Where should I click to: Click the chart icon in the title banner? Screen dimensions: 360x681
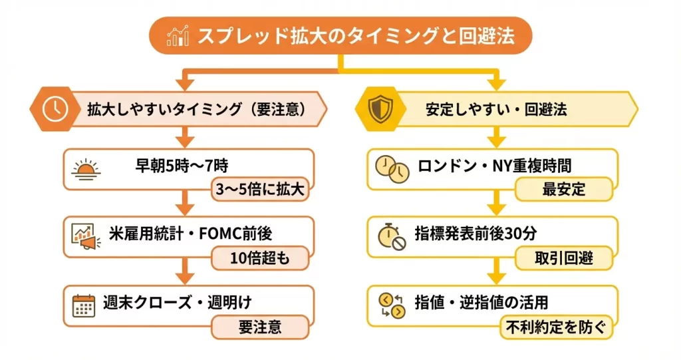tap(177, 35)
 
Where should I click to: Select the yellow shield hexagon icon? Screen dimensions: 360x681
tap(377, 109)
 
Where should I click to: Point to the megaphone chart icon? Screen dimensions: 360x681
tap(85, 236)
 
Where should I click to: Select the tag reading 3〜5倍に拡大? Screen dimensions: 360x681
tap(260, 190)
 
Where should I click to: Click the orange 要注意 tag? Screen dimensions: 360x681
tap(260, 327)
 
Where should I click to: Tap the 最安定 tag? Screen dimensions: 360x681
tap(563, 190)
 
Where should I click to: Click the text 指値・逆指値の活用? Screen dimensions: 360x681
tap(483, 302)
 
